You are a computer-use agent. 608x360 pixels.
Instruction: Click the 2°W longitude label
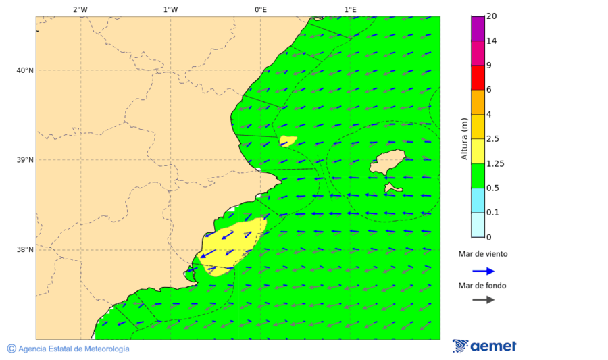click(80, 9)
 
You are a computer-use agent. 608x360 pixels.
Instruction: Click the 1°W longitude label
click(170, 9)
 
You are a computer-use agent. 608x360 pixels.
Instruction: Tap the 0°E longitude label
click(260, 9)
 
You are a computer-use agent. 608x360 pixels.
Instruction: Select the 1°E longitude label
click(351, 9)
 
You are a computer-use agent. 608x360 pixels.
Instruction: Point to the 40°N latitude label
click(25, 70)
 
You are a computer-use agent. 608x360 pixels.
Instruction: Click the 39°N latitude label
click(25, 160)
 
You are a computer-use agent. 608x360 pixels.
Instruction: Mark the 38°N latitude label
click(25, 250)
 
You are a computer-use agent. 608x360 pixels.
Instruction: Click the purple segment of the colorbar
click(478, 28)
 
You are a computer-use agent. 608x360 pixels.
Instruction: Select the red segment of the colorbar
click(478, 77)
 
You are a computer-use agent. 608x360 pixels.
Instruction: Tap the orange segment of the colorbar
click(478, 102)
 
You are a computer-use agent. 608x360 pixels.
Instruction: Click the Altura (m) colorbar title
click(464, 138)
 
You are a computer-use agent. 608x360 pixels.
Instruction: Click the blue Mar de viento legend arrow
click(483, 271)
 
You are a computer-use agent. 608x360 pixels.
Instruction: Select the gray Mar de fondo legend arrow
click(483, 299)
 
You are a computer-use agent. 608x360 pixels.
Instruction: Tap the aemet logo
click(484, 346)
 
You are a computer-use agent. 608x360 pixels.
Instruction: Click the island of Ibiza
click(388, 163)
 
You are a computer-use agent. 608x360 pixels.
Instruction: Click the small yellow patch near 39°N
click(288, 140)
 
